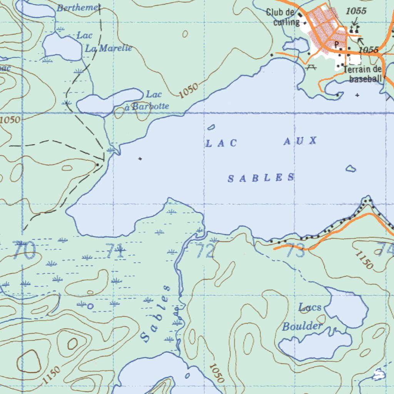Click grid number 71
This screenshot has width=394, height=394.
pyautogui.click(x=115, y=252)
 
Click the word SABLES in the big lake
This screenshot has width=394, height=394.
pyautogui.click(x=261, y=178)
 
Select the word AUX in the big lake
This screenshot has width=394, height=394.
pyautogui.click(x=301, y=141)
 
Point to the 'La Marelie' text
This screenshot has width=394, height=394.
pyautogui.click(x=108, y=48)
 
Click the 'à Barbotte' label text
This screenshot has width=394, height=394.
pyautogui.click(x=150, y=107)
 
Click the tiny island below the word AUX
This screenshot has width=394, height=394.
pyautogui.click(x=350, y=168)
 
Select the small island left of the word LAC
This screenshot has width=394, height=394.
pyautogui.click(x=211, y=127)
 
